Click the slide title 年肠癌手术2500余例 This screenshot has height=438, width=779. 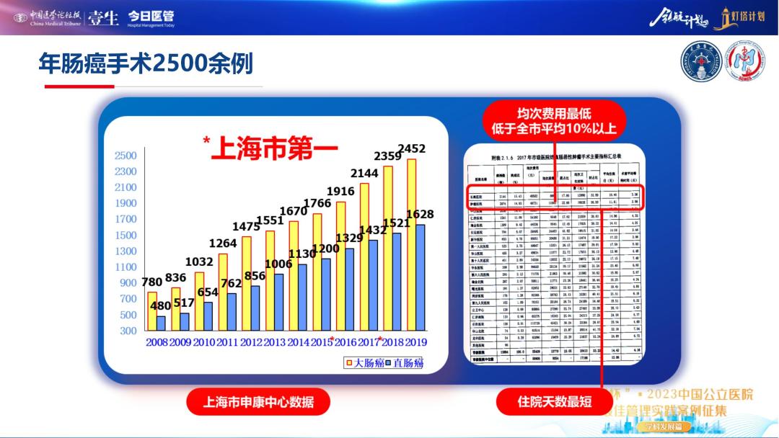(146, 64)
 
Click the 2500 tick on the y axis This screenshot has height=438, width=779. (126, 156)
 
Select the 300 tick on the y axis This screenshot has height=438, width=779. (128, 331)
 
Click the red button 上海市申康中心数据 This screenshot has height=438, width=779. (259, 401)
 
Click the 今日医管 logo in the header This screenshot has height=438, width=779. (151, 17)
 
